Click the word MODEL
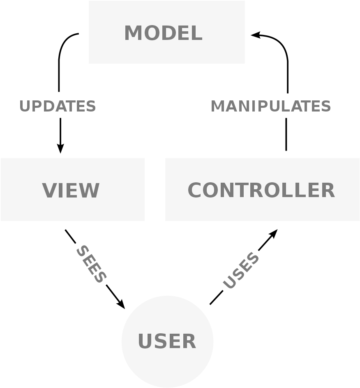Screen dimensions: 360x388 click(x=163, y=33)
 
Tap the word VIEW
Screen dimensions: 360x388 click(x=71, y=190)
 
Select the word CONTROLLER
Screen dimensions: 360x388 click(x=261, y=190)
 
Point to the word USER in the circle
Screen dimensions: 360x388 click(x=167, y=341)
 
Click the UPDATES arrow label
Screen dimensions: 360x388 click(x=57, y=106)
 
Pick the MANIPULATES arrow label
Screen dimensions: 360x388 click(x=270, y=106)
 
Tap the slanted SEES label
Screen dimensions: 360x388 click(x=91, y=264)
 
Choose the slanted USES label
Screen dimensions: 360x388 click(x=241, y=270)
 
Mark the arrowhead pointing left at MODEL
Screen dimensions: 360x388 click(x=256, y=35)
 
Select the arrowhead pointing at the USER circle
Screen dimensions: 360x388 click(x=121, y=304)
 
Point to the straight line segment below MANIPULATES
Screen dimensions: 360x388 click(x=286, y=135)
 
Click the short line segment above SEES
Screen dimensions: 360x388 click(x=70, y=237)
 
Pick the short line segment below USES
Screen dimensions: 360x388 click(x=217, y=297)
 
